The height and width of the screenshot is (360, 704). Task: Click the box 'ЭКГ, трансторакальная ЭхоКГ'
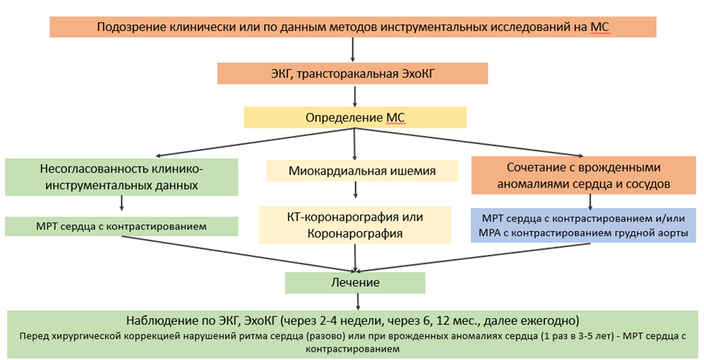(x=352, y=73)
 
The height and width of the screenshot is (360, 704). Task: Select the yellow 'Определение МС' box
(x=355, y=117)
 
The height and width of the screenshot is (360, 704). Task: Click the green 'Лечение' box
(x=355, y=283)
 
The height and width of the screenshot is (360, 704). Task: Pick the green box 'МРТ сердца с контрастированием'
(x=122, y=226)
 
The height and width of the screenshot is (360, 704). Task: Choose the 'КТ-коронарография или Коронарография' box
(x=355, y=225)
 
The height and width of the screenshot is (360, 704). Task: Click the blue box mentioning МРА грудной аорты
(x=584, y=225)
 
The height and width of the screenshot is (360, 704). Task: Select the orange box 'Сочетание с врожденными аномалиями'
(x=584, y=176)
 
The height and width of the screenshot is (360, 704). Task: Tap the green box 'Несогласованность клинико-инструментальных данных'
(x=122, y=176)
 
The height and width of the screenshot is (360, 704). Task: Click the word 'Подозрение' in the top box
(x=130, y=28)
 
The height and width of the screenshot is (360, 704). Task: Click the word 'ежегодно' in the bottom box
(x=555, y=321)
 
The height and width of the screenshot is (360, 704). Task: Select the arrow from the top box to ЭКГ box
(x=353, y=50)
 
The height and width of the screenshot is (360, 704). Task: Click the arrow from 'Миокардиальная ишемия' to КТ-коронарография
(x=355, y=190)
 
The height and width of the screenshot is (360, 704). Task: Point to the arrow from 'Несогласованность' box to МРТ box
(x=122, y=202)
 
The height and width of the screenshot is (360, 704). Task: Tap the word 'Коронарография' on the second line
(x=354, y=233)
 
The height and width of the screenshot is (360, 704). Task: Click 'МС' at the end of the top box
(x=600, y=28)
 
